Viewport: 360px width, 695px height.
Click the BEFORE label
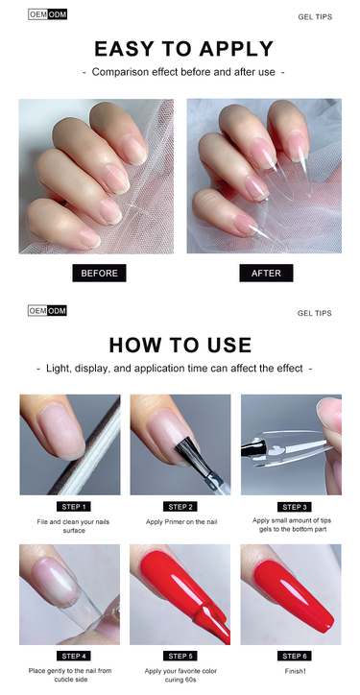tap(99, 273)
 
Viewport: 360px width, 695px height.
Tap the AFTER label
tap(266, 273)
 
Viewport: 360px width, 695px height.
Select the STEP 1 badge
tap(74, 507)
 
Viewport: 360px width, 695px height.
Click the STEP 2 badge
tap(180, 507)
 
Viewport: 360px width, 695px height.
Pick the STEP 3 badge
tap(295, 507)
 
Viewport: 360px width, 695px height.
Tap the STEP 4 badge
tap(74, 656)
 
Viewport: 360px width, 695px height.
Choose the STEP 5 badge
tap(180, 656)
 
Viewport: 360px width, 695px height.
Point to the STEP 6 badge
tap(295, 656)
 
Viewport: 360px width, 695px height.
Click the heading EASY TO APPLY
tap(183, 48)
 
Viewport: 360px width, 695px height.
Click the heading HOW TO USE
tap(180, 345)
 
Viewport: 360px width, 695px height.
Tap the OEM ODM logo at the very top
tap(47, 14)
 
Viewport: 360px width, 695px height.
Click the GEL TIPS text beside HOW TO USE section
tap(314, 313)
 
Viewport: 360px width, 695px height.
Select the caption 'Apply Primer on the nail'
tap(181, 521)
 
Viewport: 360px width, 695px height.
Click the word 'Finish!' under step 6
tap(296, 671)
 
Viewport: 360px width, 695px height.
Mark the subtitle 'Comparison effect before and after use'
tap(183, 72)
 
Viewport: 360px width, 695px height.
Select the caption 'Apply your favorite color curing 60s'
tap(180, 675)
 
